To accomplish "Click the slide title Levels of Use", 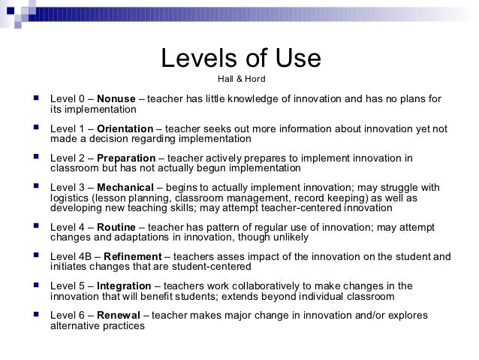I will pos(241,59).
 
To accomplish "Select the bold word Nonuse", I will pos(115,98).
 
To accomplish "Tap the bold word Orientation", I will pos(125,129).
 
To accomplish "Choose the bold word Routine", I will pos(118,228).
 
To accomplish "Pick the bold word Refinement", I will pos(131,257).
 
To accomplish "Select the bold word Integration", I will pos(125,286).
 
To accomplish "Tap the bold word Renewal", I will pos(119,316).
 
